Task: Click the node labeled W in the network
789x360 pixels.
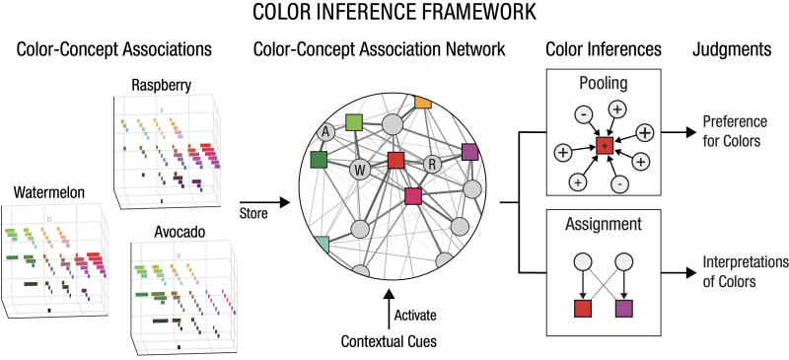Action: (x=360, y=170)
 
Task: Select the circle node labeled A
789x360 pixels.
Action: (x=324, y=132)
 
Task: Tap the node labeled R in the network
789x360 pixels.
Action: (x=431, y=165)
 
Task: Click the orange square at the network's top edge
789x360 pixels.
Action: (x=423, y=102)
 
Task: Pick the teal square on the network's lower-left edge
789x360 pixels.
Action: (x=321, y=243)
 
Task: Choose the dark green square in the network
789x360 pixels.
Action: (x=319, y=159)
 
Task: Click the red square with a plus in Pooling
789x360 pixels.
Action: (x=605, y=145)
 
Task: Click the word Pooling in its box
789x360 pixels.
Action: (x=604, y=85)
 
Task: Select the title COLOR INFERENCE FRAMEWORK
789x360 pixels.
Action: (x=394, y=14)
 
